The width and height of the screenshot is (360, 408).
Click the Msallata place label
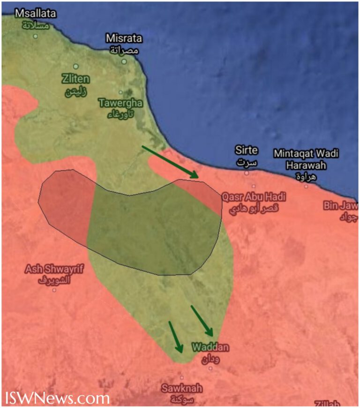(35, 19)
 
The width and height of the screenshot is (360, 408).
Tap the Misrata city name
(124, 43)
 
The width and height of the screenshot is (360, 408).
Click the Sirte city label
(246, 156)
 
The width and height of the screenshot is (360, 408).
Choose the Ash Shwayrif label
(48, 274)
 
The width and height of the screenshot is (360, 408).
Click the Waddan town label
(210, 352)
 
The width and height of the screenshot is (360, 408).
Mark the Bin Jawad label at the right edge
(341, 211)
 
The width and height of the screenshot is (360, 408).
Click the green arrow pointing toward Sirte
(170, 161)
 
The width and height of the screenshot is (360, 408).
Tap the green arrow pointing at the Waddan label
(202, 321)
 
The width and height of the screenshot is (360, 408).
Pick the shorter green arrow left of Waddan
(176, 337)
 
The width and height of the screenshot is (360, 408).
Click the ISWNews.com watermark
(57, 398)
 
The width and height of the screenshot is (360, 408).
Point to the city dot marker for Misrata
(124, 61)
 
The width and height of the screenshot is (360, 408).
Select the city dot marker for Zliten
(75, 67)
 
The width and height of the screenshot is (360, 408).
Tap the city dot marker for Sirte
(247, 173)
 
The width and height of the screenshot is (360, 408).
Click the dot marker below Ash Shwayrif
(54, 290)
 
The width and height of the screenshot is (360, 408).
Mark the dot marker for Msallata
(35, 36)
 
